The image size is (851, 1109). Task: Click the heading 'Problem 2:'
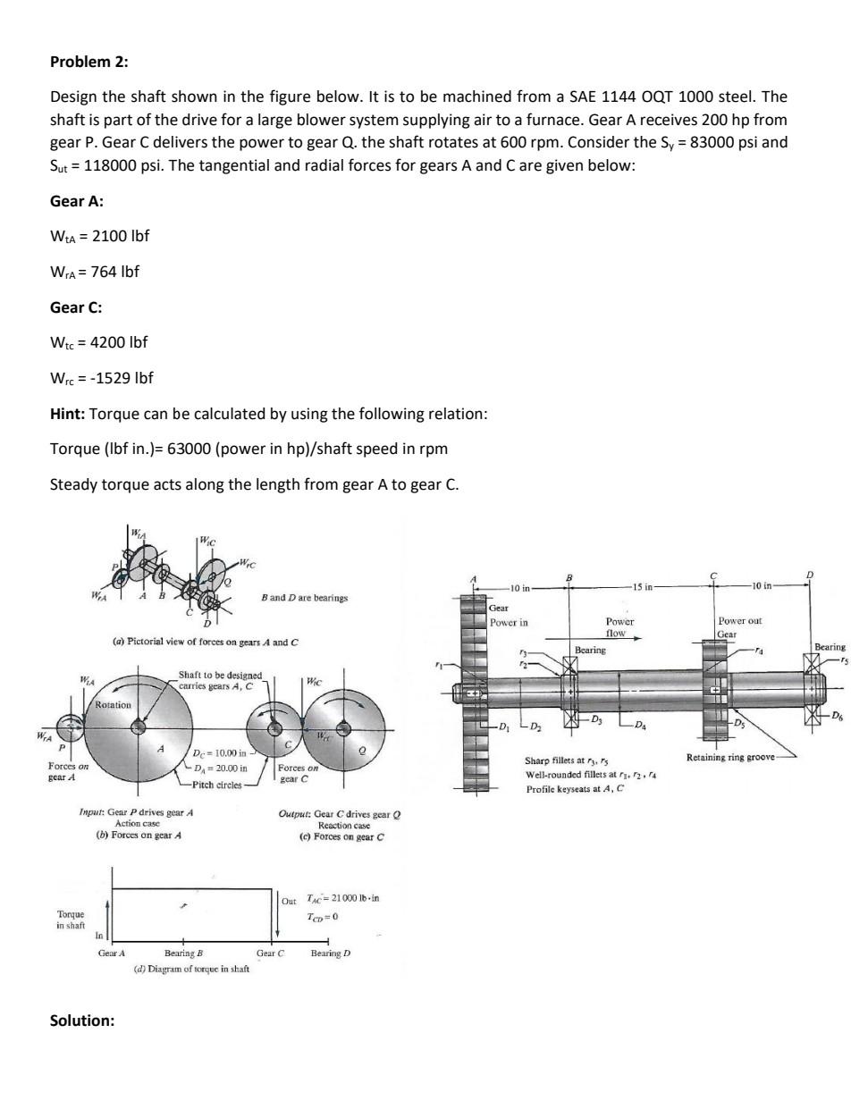click(x=88, y=62)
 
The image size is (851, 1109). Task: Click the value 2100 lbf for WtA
click(x=120, y=236)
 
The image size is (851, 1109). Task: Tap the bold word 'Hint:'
click(x=68, y=414)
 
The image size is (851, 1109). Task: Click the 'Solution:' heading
click(x=82, y=1021)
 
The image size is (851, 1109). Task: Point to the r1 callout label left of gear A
click(x=439, y=665)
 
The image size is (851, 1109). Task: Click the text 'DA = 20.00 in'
click(x=220, y=768)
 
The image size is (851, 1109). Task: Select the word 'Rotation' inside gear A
click(x=114, y=705)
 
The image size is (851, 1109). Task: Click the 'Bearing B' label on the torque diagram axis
click(x=183, y=954)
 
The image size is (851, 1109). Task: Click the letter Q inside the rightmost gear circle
click(x=361, y=752)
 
